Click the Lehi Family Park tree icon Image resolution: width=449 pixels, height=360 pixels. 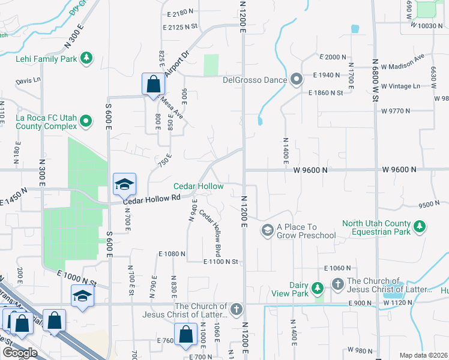click(88, 58)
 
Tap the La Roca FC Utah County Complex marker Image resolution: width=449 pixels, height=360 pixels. click(86, 122)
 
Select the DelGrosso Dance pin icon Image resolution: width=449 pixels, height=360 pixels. click(296, 79)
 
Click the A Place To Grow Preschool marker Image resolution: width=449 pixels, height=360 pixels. click(267, 230)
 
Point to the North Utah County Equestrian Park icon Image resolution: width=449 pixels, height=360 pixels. click(421, 227)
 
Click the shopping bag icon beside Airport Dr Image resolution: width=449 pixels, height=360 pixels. click(153, 83)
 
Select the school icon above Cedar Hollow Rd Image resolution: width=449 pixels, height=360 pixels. click(124, 184)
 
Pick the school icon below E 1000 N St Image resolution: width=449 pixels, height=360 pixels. click(82, 296)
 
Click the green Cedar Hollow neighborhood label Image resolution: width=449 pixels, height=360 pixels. click(199, 187)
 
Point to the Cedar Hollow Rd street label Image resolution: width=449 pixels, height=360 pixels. click(152, 198)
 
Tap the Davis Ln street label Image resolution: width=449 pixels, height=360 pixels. click(28, 80)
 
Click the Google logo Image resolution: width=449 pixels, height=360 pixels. click(19, 353)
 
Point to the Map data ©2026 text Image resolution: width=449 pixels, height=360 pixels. click(423, 355)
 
